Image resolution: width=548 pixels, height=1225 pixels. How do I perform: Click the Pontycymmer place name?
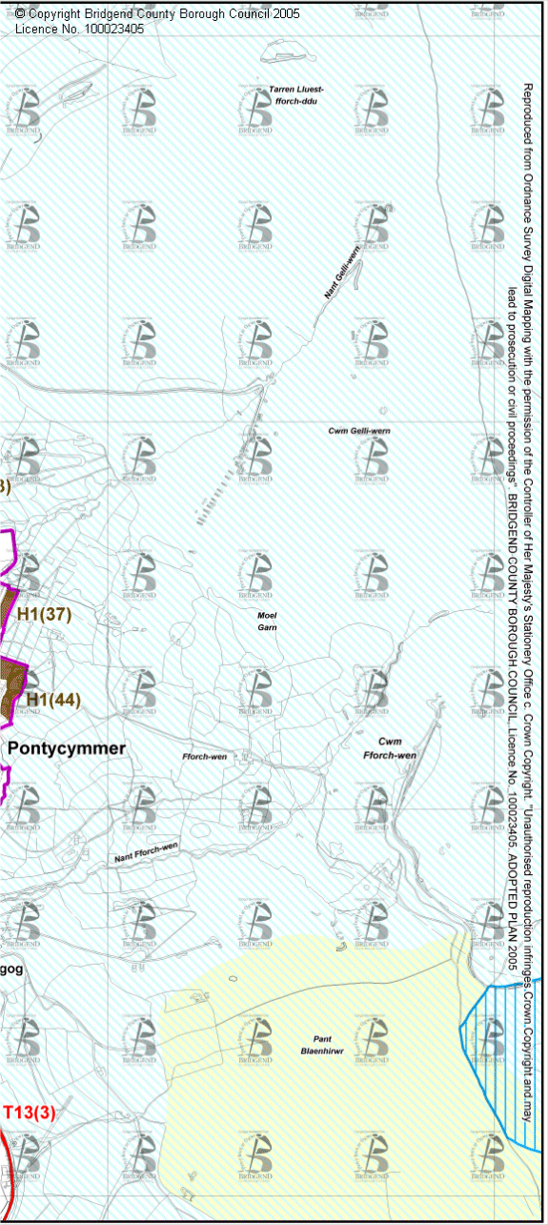67,748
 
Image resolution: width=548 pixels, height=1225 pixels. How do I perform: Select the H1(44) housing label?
53,699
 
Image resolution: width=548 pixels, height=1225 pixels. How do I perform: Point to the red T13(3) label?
30,1113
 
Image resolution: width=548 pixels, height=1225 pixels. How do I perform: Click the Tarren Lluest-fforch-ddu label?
296,93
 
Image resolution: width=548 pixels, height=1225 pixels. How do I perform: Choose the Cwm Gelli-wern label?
359,431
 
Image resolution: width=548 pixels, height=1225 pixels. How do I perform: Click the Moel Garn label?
267,621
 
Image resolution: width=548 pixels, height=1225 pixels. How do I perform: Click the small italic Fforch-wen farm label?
204,756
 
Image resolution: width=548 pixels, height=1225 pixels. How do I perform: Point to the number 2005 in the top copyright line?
284,14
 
